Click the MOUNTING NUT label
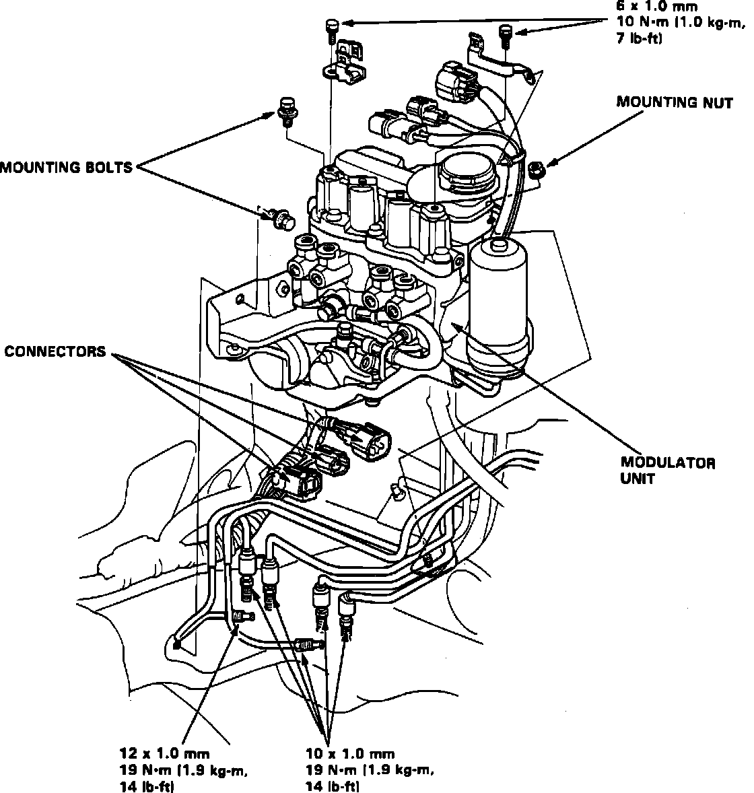pyautogui.click(x=675, y=103)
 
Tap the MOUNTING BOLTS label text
pyautogui.click(x=66, y=167)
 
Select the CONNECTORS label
pyautogui.click(x=56, y=351)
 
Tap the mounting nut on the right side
pyautogui.click(x=537, y=168)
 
